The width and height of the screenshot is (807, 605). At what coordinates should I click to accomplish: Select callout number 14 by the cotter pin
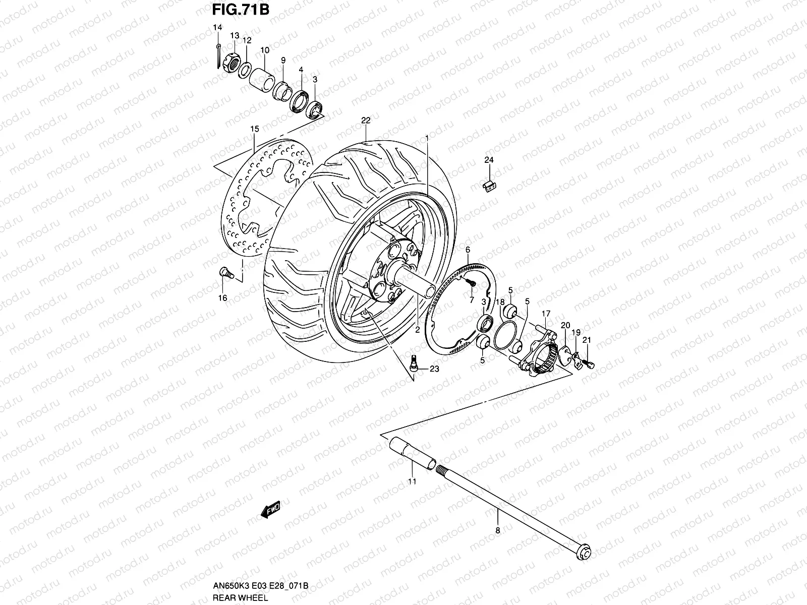[x=217, y=27]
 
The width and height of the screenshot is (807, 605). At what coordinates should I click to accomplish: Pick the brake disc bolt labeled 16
[x=226, y=273]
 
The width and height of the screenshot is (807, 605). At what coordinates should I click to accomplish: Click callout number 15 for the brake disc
[x=254, y=129]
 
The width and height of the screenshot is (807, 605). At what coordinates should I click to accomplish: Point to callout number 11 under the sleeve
[x=412, y=481]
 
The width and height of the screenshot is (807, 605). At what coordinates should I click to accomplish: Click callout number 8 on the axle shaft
[x=497, y=530]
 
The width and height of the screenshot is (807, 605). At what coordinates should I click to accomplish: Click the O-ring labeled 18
[x=504, y=335]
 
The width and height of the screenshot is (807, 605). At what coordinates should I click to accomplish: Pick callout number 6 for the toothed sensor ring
[x=468, y=250]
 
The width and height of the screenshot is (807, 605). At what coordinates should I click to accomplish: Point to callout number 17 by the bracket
[x=546, y=314]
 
